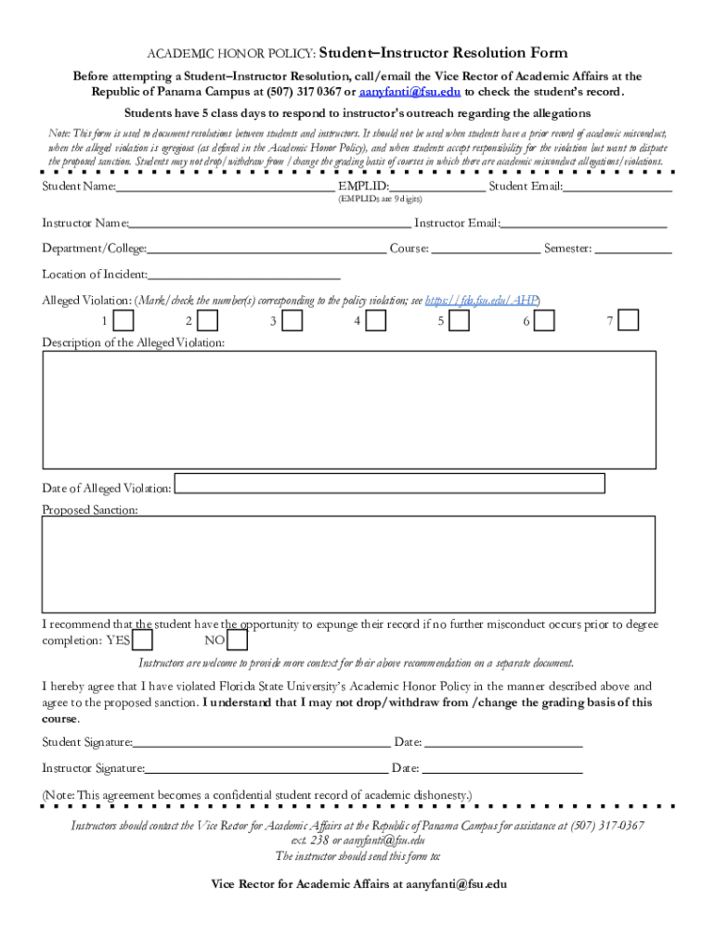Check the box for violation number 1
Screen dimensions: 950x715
pyautogui.click(x=123, y=320)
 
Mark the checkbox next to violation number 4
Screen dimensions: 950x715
pyautogui.click(x=376, y=320)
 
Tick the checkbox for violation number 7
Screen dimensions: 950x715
pyautogui.click(x=629, y=320)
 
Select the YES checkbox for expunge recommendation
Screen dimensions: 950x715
pyautogui.click(x=143, y=641)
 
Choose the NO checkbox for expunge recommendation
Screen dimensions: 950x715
pyautogui.click(x=238, y=641)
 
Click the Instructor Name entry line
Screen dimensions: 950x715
pyautogui.click(x=269, y=224)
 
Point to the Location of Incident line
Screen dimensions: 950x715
pyautogui.click(x=243, y=275)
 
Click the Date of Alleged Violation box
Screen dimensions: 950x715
pyautogui.click(x=390, y=483)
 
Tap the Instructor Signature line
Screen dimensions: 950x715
pyautogui.click(x=266, y=768)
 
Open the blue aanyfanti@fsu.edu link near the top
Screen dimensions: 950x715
pyautogui.click(x=409, y=93)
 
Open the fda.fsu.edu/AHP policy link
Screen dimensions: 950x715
pyautogui.click(x=482, y=301)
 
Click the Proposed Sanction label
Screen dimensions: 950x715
pyautogui.click(x=90, y=510)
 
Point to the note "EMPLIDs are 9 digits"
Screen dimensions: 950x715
pyautogui.click(x=380, y=199)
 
